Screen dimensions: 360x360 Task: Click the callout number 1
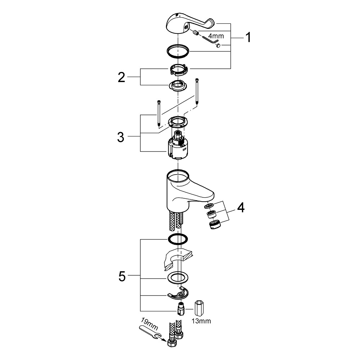[248, 37]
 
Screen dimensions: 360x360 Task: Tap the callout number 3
[121, 137]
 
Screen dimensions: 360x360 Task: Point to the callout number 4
[241, 208]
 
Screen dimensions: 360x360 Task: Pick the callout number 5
[122, 276]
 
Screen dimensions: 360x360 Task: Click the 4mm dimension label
[216, 36]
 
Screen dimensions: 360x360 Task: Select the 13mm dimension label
[201, 321]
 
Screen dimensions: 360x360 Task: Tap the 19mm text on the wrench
[149, 324]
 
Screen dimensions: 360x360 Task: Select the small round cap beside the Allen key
[218, 46]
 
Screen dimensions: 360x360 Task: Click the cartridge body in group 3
[178, 146]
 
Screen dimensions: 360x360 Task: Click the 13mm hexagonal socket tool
[199, 308]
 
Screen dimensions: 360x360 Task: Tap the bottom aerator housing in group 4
[215, 225]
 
